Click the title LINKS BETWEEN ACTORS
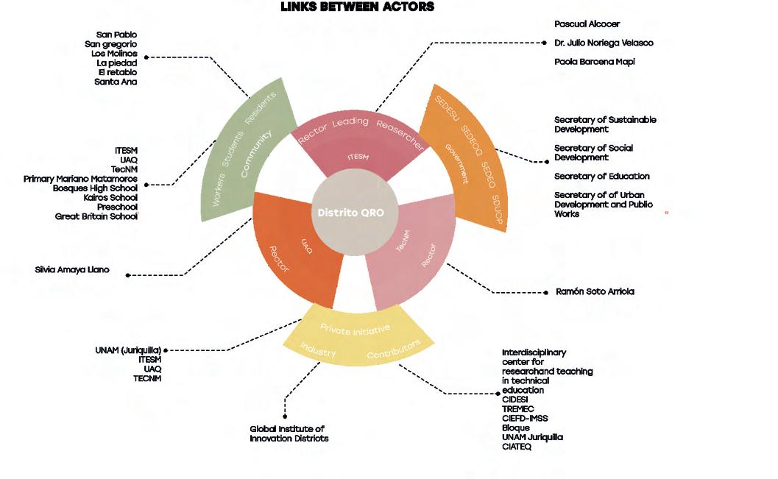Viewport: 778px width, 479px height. click(x=357, y=7)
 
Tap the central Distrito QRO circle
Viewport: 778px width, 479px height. click(x=356, y=213)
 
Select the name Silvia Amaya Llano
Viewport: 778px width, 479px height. click(x=72, y=270)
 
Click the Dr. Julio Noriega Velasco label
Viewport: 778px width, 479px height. click(x=604, y=43)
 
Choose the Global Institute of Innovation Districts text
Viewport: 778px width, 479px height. click(x=289, y=433)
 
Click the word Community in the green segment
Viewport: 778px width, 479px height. click(x=255, y=151)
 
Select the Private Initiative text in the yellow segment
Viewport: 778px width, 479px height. click(x=355, y=329)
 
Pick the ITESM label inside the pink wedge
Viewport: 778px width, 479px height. click(x=358, y=156)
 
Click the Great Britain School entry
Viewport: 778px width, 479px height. click(x=96, y=216)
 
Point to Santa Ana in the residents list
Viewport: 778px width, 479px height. click(x=116, y=82)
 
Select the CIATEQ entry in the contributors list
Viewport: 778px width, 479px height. click(x=517, y=447)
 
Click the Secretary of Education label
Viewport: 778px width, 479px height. click(x=601, y=177)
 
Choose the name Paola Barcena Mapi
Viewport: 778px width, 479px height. click(x=594, y=62)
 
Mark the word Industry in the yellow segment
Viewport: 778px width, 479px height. click(x=318, y=352)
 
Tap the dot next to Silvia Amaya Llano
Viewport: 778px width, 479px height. click(x=128, y=275)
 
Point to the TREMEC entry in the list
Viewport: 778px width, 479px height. click(x=518, y=409)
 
